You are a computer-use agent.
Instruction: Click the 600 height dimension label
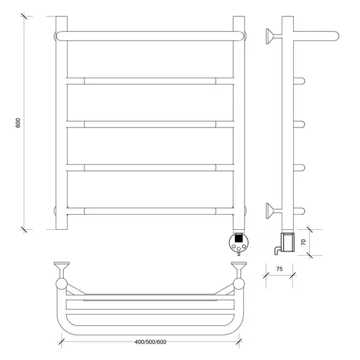[x=18, y=123]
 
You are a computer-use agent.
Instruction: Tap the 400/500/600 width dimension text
[x=150, y=342]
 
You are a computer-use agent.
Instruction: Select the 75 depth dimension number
[x=279, y=268]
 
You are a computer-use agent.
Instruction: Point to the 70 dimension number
[x=303, y=242]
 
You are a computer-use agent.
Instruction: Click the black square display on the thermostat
[x=239, y=238]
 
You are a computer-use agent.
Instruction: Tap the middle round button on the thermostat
[x=239, y=248]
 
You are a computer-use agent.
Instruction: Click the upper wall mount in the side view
[x=273, y=36]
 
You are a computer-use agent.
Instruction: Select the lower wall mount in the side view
[x=273, y=211]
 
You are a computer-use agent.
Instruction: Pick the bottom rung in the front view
[x=150, y=211]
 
